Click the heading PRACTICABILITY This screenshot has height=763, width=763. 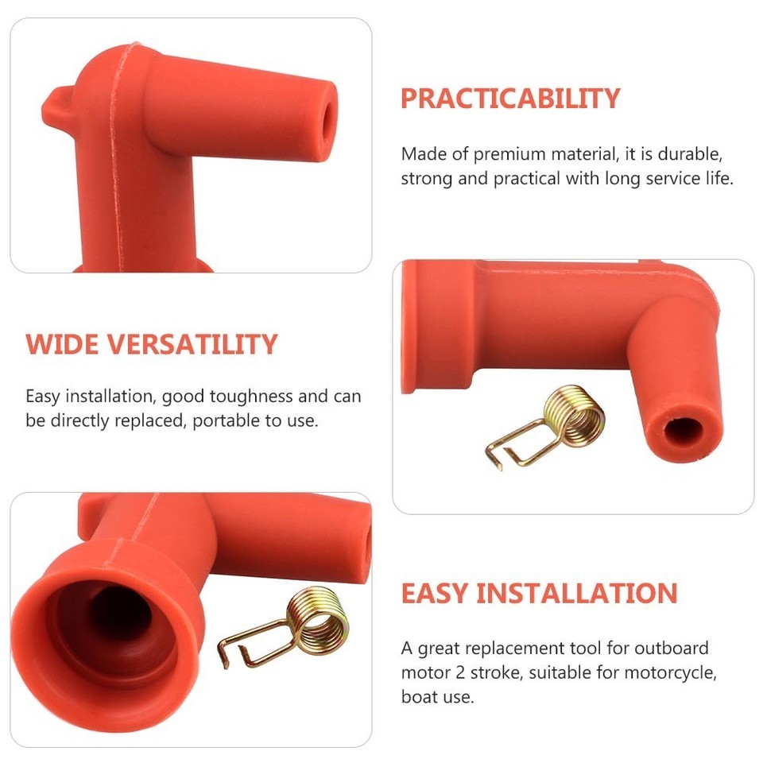coord(509,99)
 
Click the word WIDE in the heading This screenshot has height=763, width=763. coord(62,345)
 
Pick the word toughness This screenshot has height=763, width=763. coord(247,396)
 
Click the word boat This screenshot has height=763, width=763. coord(417,699)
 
